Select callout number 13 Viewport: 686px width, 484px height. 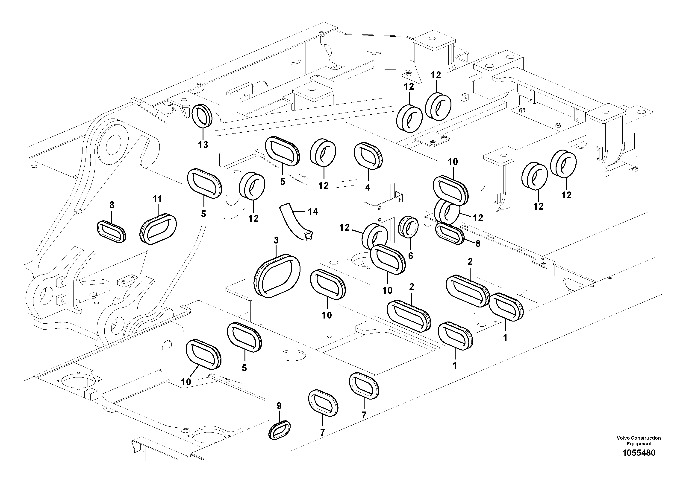tap(203, 145)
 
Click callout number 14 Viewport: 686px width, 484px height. tap(313, 212)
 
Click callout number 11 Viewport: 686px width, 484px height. tap(157, 199)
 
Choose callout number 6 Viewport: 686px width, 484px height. tap(411, 256)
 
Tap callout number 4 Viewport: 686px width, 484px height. tap(368, 187)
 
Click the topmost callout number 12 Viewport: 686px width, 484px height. tap(436, 75)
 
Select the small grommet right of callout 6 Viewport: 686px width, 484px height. tap(450, 235)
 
